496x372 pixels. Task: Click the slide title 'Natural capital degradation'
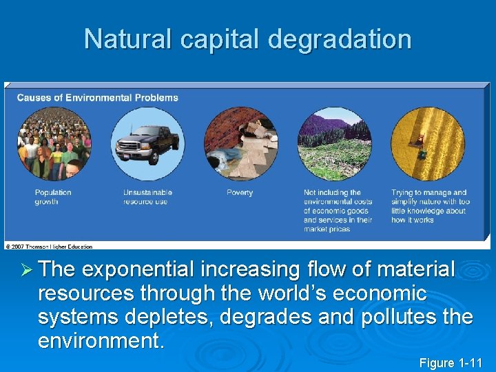(247, 39)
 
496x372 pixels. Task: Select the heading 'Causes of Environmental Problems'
(97, 98)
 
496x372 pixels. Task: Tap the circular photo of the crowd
(54, 144)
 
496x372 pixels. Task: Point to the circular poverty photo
(241, 144)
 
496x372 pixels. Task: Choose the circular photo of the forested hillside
(334, 144)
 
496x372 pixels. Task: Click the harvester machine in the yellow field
(417, 142)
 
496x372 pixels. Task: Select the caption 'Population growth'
(53, 197)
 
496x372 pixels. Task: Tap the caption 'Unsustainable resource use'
(147, 197)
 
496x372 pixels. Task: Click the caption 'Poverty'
(240, 193)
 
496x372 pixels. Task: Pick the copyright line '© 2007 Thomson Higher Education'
(49, 246)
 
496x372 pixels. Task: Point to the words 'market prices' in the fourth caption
(327, 229)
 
